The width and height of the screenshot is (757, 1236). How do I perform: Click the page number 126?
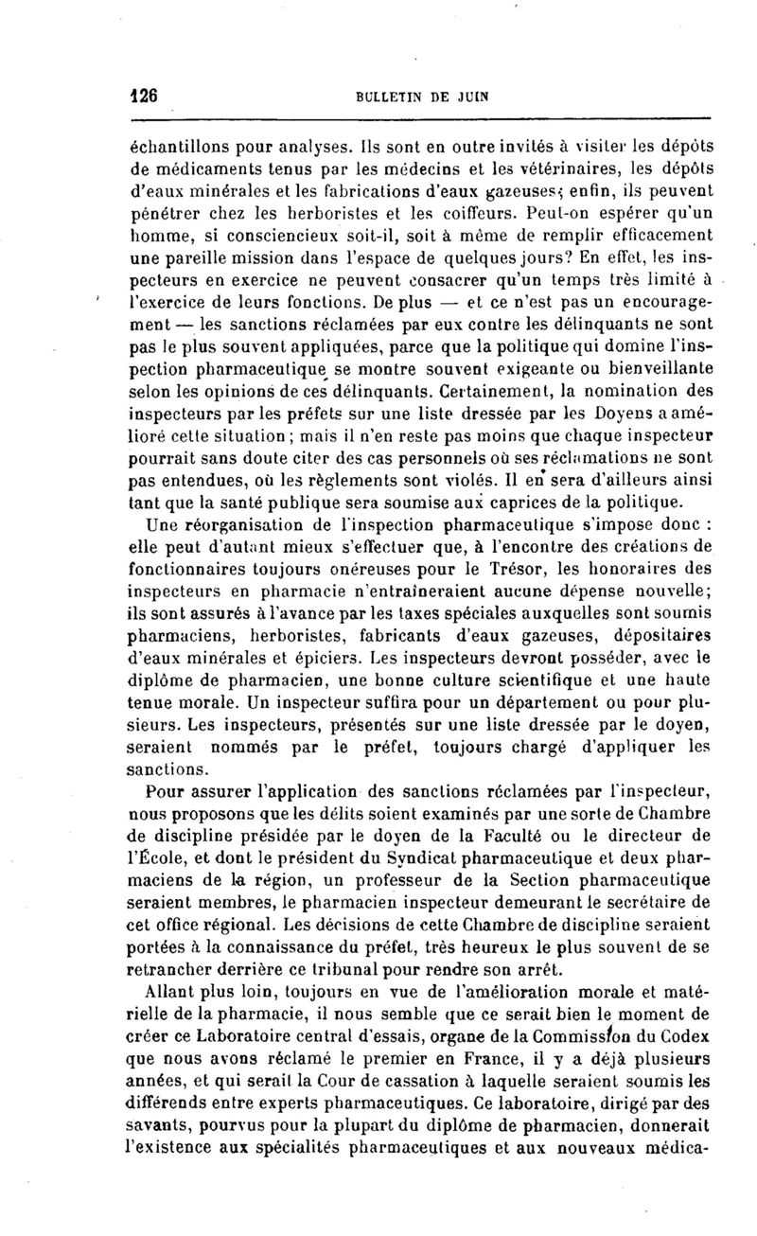(x=142, y=96)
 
